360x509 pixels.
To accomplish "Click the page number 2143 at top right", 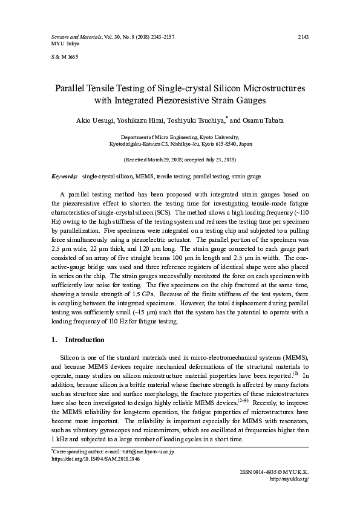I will (x=304, y=37).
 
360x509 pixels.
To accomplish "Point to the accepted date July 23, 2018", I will (x=218, y=160).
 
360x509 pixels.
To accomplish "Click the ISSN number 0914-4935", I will (x=257, y=472).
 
